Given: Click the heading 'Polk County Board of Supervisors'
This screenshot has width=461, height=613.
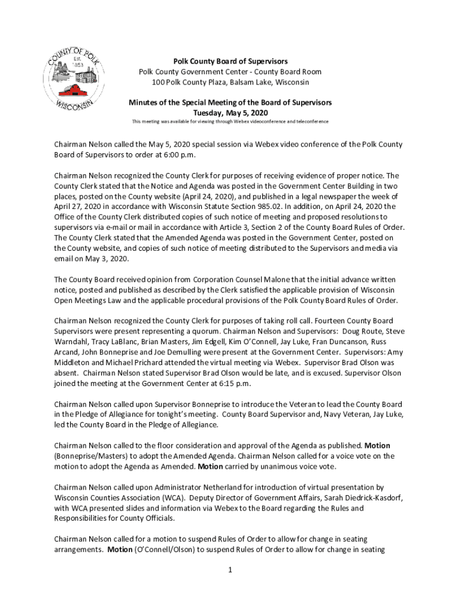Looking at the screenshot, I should click(x=230, y=62).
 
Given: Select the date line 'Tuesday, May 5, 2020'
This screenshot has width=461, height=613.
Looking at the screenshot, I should click(x=230, y=113).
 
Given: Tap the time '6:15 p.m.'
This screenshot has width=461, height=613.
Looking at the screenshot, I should click(x=230, y=383).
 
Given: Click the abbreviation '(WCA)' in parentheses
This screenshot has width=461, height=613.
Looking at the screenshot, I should click(x=168, y=498).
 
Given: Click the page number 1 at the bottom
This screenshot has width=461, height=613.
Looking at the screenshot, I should click(x=229, y=570).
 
